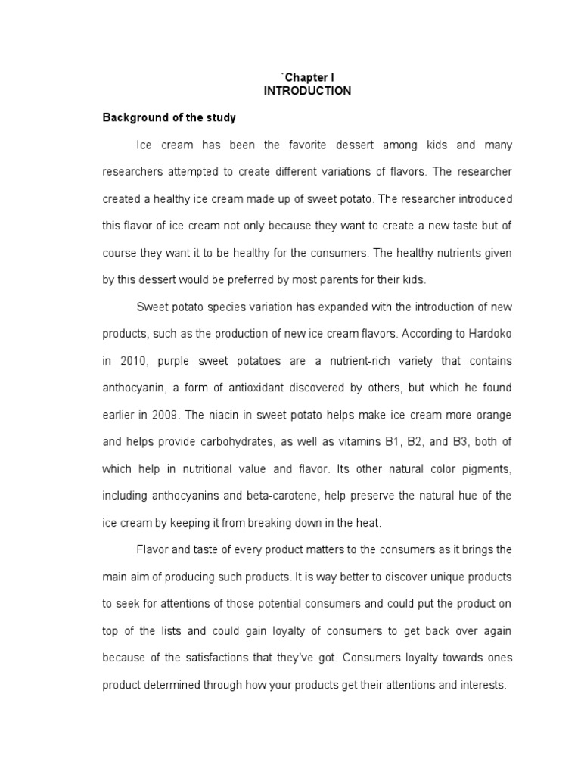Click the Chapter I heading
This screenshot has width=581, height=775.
tap(307, 78)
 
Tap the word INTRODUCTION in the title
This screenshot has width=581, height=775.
tap(307, 91)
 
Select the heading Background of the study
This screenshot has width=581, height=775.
tap(169, 118)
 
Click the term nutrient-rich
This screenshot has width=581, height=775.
tap(325, 361)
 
